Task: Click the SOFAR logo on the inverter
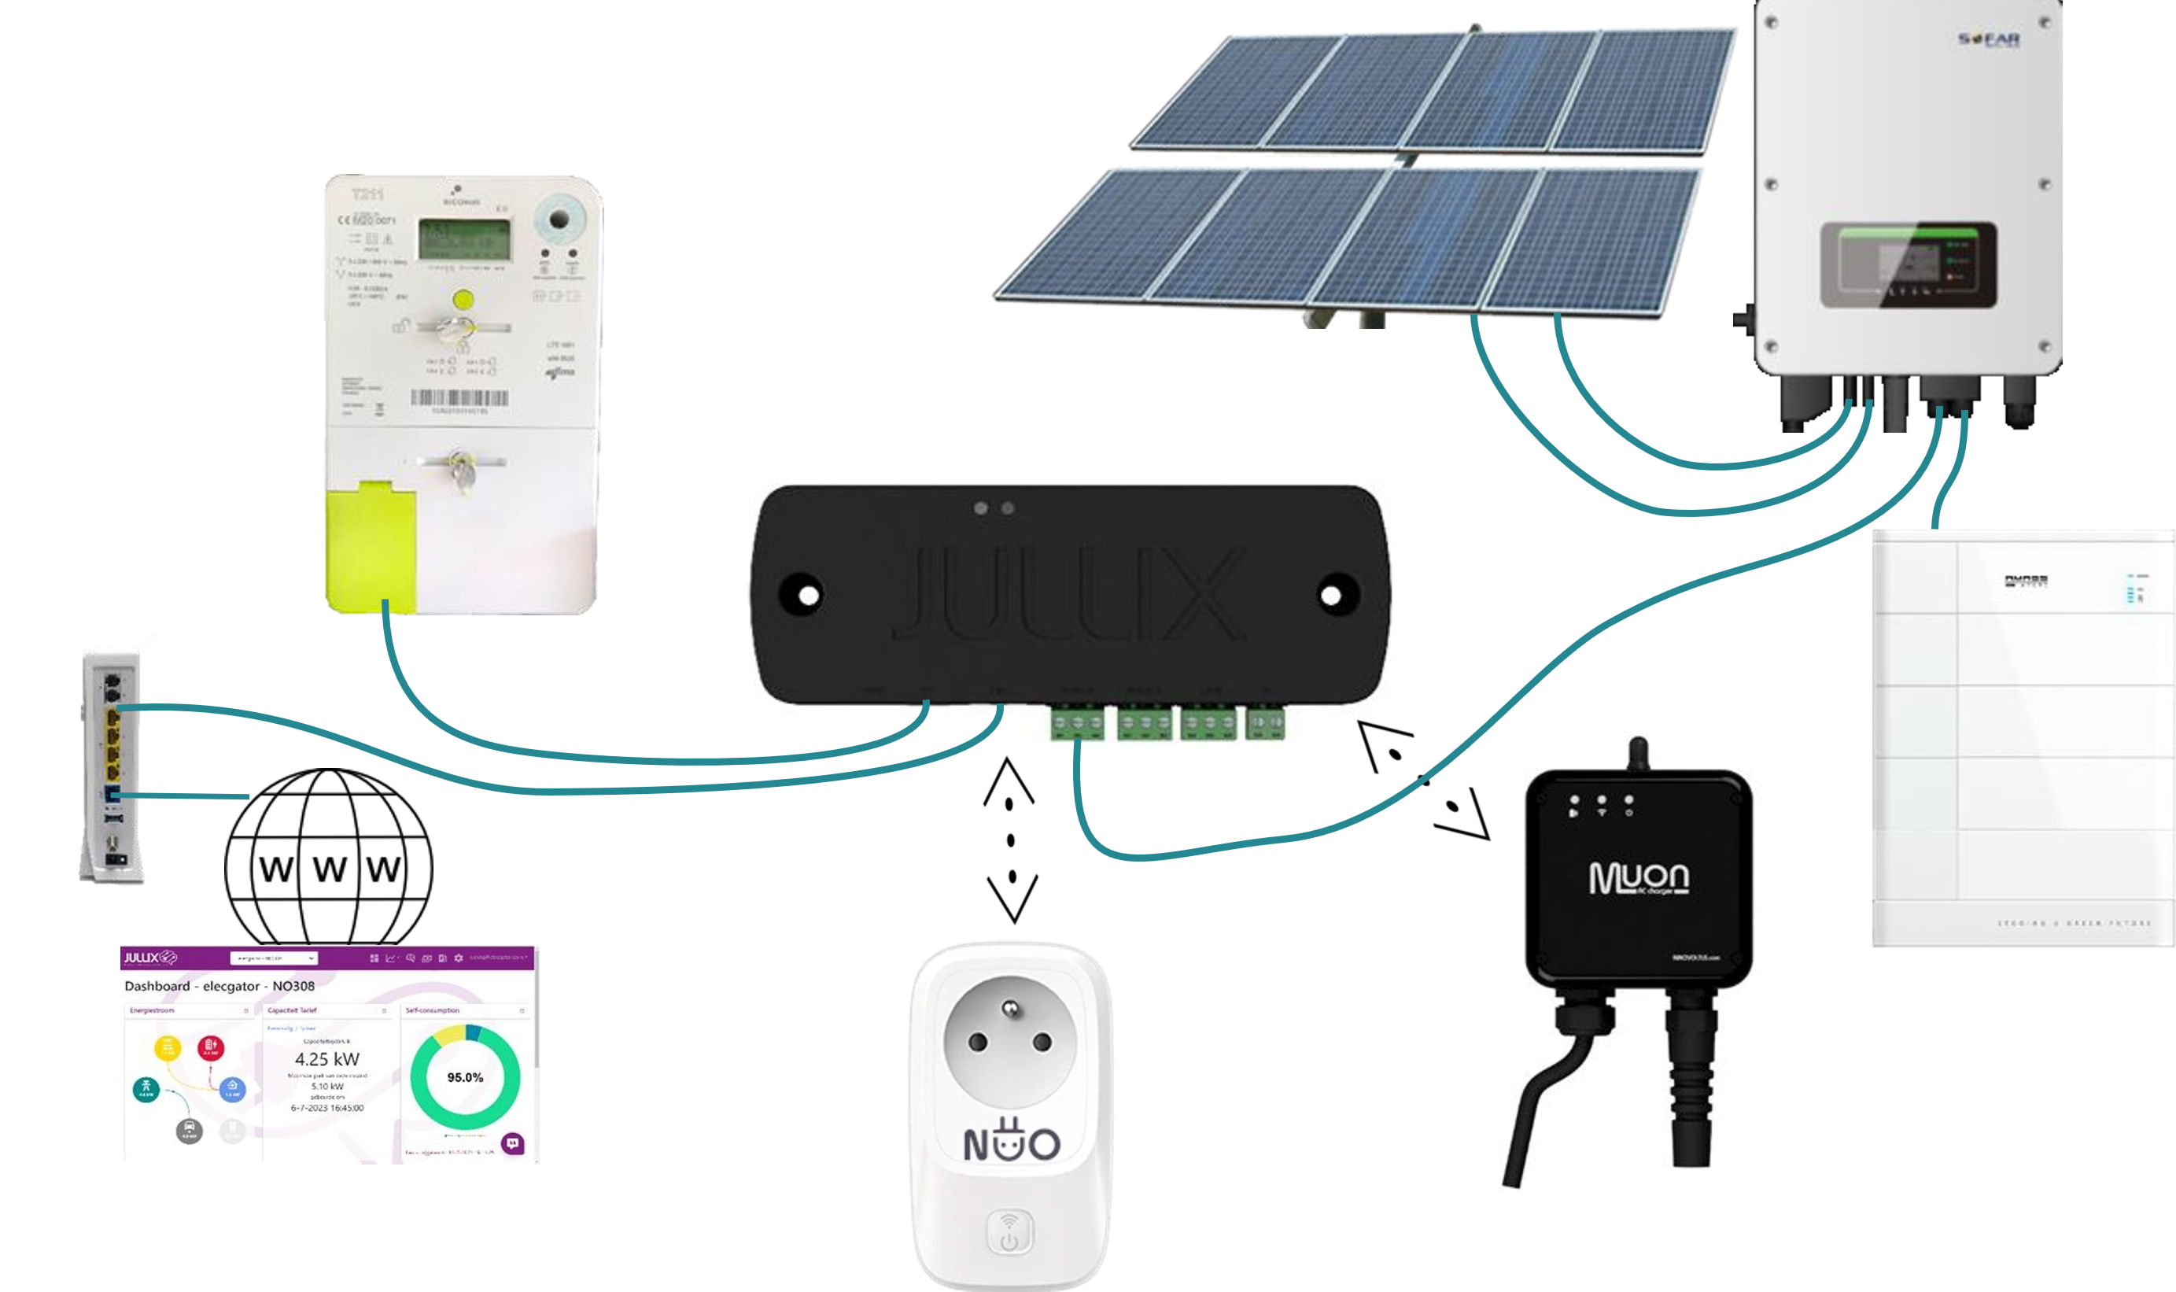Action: pos(1988,39)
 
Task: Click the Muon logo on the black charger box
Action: pos(1638,877)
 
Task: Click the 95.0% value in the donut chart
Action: pos(465,1077)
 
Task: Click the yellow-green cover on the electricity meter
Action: pos(370,546)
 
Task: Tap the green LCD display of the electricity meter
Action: pos(464,238)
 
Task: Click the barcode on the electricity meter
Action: pos(459,399)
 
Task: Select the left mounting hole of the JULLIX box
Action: pos(809,596)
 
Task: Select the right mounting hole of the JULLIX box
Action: pos(1331,596)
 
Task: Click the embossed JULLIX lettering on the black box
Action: pos(1069,594)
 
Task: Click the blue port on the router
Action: pos(112,795)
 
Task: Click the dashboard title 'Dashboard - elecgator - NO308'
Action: pos(219,987)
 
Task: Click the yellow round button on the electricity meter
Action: pos(464,301)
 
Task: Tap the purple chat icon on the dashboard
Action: pos(513,1143)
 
